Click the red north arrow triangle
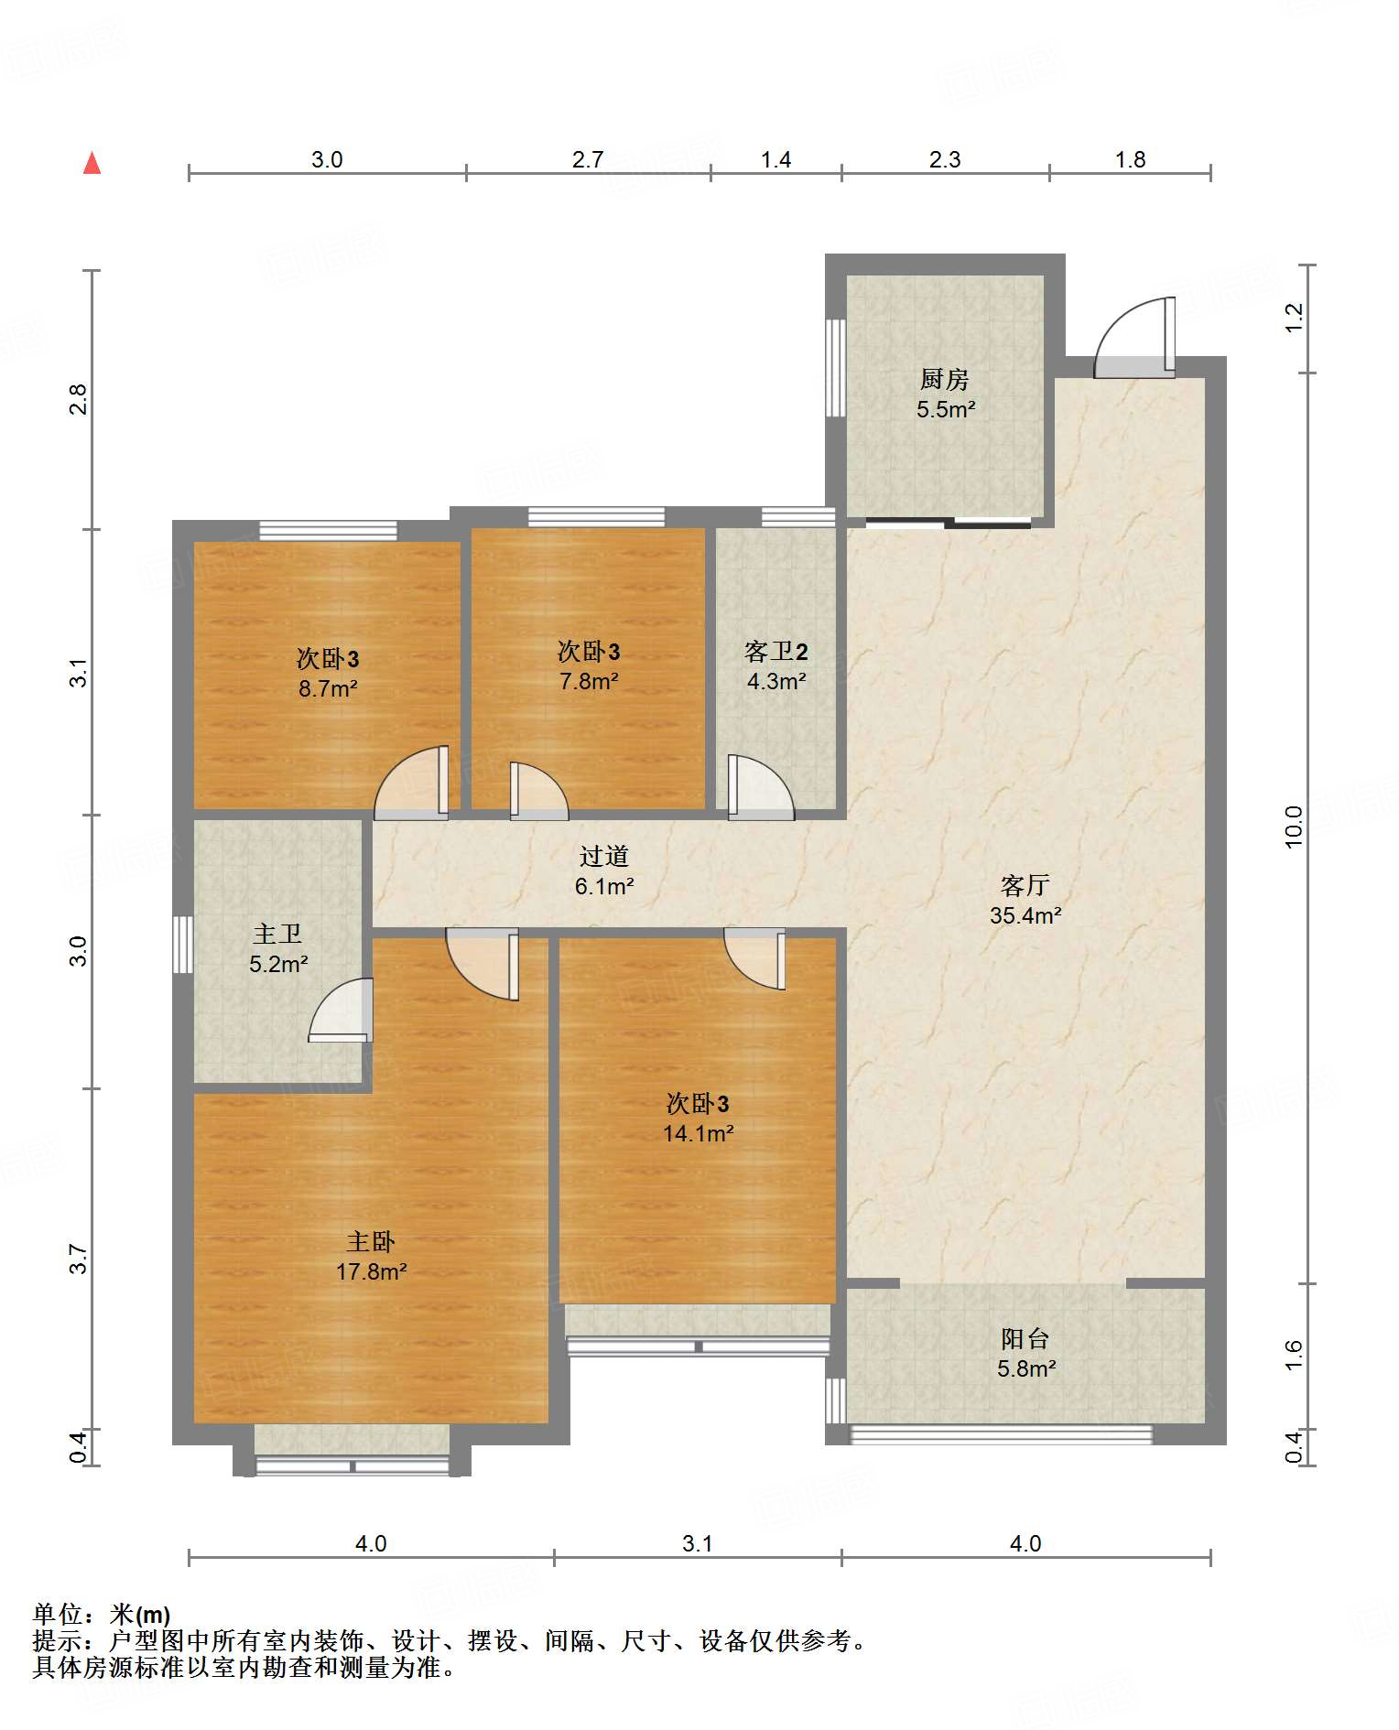(x=92, y=163)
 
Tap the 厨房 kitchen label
(x=944, y=378)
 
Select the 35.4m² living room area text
(x=1025, y=915)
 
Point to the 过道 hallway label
(x=604, y=856)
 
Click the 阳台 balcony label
(x=1025, y=1339)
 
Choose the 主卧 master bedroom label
(x=371, y=1241)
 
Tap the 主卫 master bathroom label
(x=277, y=934)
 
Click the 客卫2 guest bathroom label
(x=776, y=652)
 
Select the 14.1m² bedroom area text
(x=699, y=1133)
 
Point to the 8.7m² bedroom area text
(x=328, y=688)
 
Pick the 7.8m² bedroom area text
(x=589, y=681)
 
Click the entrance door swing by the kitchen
(x=1134, y=337)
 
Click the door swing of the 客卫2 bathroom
(x=761, y=787)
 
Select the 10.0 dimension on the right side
(x=1293, y=827)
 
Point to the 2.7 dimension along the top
(x=588, y=159)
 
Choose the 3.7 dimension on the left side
(x=79, y=1259)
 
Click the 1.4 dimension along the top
(x=775, y=159)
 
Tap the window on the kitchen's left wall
(x=835, y=367)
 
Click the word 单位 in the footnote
(x=58, y=1615)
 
